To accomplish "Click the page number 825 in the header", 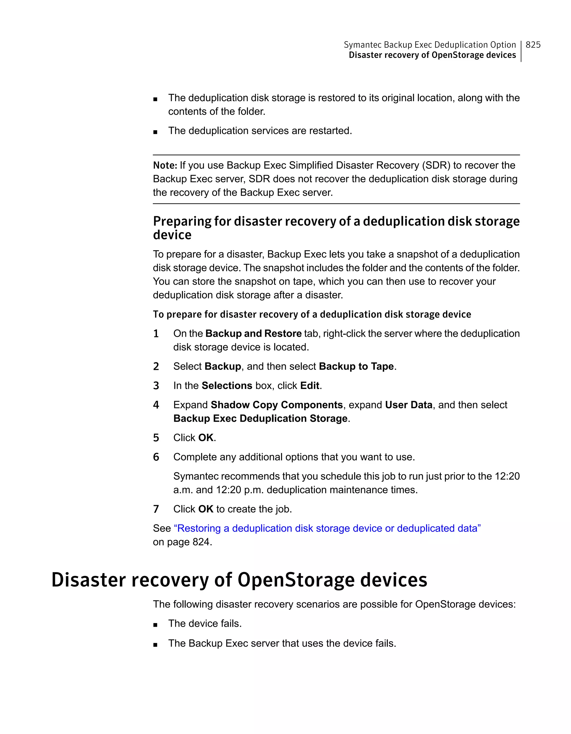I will pyautogui.click(x=533, y=45).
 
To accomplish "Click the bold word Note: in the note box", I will pyautogui.click(x=165, y=165).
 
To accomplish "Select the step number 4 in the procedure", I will pyautogui.click(x=156, y=405).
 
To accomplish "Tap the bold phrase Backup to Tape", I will pyautogui.click(x=356, y=366).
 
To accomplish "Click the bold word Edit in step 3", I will pyautogui.click(x=309, y=386).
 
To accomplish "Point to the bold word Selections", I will pyautogui.click(x=227, y=386).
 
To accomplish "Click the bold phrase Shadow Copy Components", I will pyautogui.click(x=277, y=405).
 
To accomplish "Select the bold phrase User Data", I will pyautogui.click(x=409, y=405).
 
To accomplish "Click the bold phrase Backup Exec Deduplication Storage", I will pyautogui.click(x=260, y=418).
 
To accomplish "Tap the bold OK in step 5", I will pyautogui.click(x=206, y=438).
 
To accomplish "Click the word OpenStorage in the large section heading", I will pyautogui.click(x=296, y=580).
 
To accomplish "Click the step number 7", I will pyautogui.click(x=156, y=509).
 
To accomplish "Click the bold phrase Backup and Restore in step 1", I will pyautogui.click(x=253, y=333).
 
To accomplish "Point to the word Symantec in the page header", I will pyautogui.click(x=362, y=45).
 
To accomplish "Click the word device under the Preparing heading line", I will pyautogui.click(x=172, y=235).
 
